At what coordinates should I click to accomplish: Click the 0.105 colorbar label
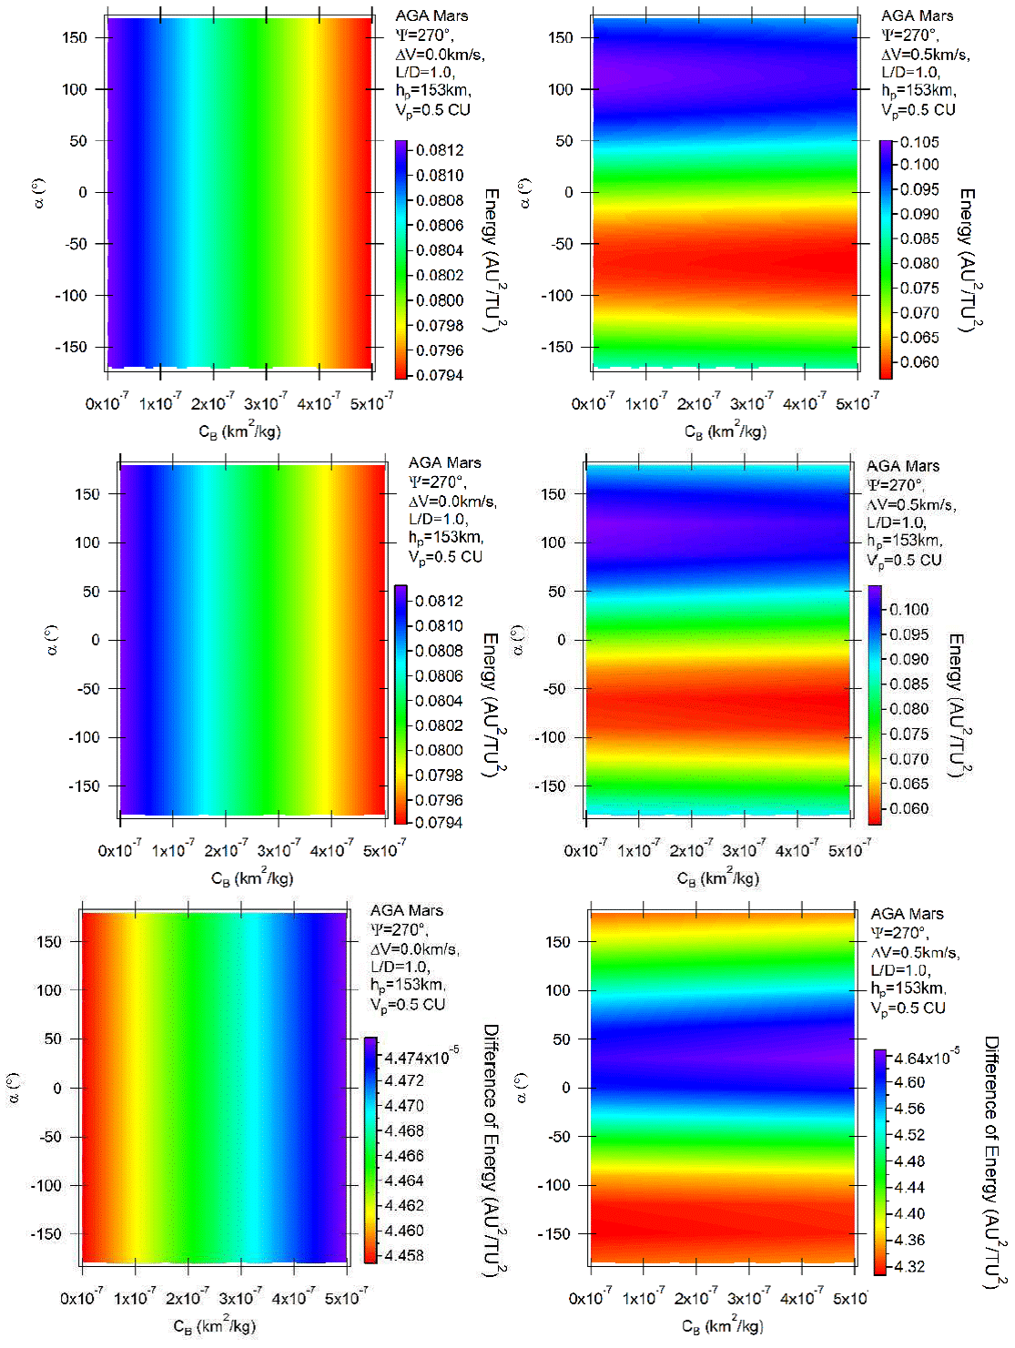(x=919, y=142)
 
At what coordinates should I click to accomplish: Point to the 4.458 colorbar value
(x=404, y=1255)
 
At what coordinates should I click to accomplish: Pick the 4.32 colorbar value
(x=909, y=1266)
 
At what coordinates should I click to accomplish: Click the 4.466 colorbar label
(x=404, y=1156)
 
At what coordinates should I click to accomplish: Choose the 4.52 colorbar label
(x=909, y=1135)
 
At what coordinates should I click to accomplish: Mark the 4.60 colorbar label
(x=909, y=1082)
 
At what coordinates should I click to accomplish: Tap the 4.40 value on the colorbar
(x=909, y=1213)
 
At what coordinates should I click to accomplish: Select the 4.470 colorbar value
(x=404, y=1106)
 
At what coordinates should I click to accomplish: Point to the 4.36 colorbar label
(x=909, y=1240)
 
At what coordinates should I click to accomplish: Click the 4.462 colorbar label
(x=404, y=1205)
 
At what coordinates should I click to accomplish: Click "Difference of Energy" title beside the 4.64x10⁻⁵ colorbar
(x=992, y=1161)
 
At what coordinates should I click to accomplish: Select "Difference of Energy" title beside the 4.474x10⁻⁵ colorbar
(x=492, y=1149)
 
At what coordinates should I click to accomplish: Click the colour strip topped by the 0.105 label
(x=886, y=259)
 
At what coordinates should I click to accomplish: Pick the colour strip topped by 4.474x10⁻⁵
(x=370, y=1150)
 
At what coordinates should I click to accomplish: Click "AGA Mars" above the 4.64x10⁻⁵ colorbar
(x=907, y=914)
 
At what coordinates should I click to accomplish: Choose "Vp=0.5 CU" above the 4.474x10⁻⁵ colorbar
(x=407, y=1004)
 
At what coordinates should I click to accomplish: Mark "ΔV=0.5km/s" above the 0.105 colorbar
(x=925, y=54)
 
